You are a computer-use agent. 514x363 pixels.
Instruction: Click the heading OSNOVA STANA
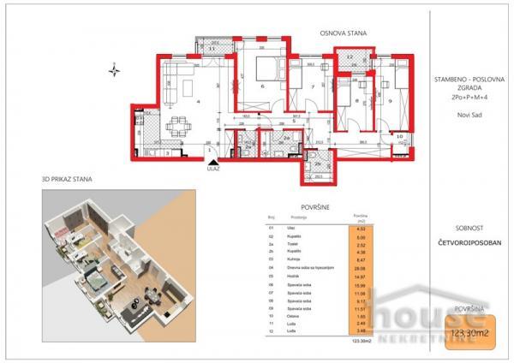344,33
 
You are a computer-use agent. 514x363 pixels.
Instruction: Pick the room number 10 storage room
399,135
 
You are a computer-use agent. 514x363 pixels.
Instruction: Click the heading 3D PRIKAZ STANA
67,180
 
